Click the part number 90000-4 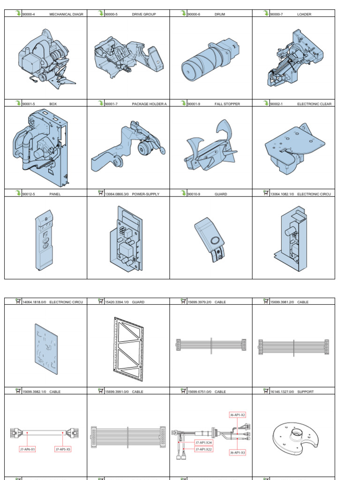(29, 15)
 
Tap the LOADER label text (304, 15)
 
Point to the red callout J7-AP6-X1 (28, 449)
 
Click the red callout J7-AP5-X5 (63, 449)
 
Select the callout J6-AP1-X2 (238, 415)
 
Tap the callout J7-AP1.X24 (204, 442)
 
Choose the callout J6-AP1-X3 (238, 452)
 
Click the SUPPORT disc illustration (294, 435)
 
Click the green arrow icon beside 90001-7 (100, 103)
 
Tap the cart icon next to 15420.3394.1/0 (100, 301)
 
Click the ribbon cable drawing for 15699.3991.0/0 (128, 434)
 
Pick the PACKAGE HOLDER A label (149, 104)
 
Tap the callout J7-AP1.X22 (204, 449)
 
